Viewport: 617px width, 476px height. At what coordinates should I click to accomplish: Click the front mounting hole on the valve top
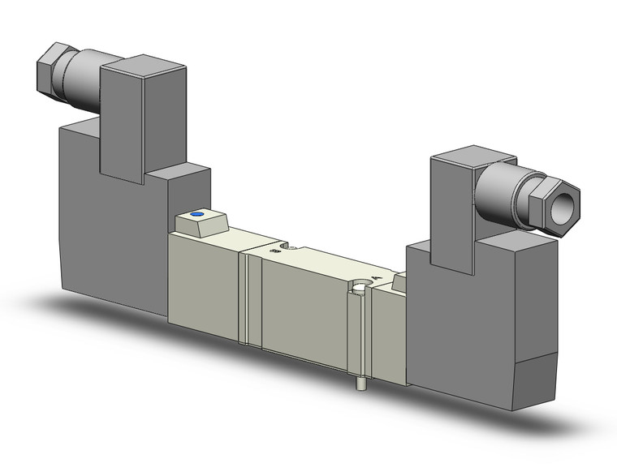click(x=357, y=286)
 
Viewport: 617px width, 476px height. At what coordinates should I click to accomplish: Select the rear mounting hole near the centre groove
click(x=282, y=246)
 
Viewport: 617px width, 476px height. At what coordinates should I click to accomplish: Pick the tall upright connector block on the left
click(x=122, y=118)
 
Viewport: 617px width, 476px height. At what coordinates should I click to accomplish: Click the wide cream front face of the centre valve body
click(x=304, y=312)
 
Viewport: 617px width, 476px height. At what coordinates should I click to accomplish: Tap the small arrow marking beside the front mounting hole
click(x=375, y=280)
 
